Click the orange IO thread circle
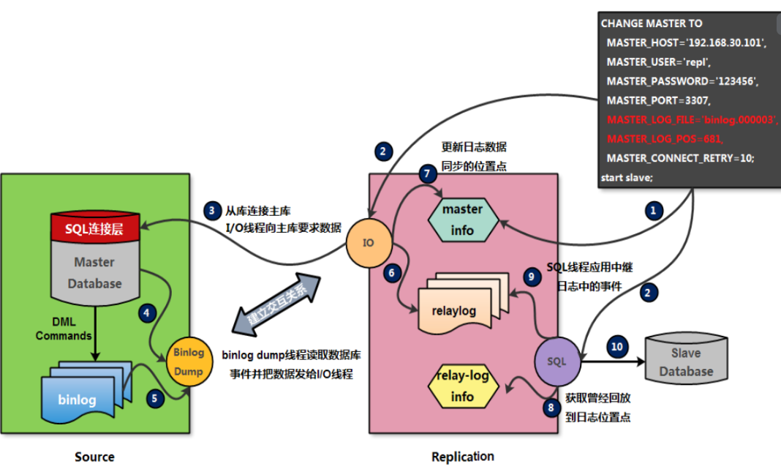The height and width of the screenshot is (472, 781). click(x=368, y=241)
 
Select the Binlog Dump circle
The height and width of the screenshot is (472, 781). click(x=184, y=360)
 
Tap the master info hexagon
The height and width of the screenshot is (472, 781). click(x=462, y=220)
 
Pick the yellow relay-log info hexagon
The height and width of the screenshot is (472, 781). click(x=463, y=386)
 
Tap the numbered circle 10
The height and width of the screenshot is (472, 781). click(x=618, y=346)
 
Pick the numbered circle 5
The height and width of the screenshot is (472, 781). click(x=155, y=398)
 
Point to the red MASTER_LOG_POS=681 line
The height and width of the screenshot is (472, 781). click(x=654, y=138)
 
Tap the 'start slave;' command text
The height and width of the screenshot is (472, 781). click(x=627, y=177)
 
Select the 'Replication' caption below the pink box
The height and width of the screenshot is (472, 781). click(x=462, y=457)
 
